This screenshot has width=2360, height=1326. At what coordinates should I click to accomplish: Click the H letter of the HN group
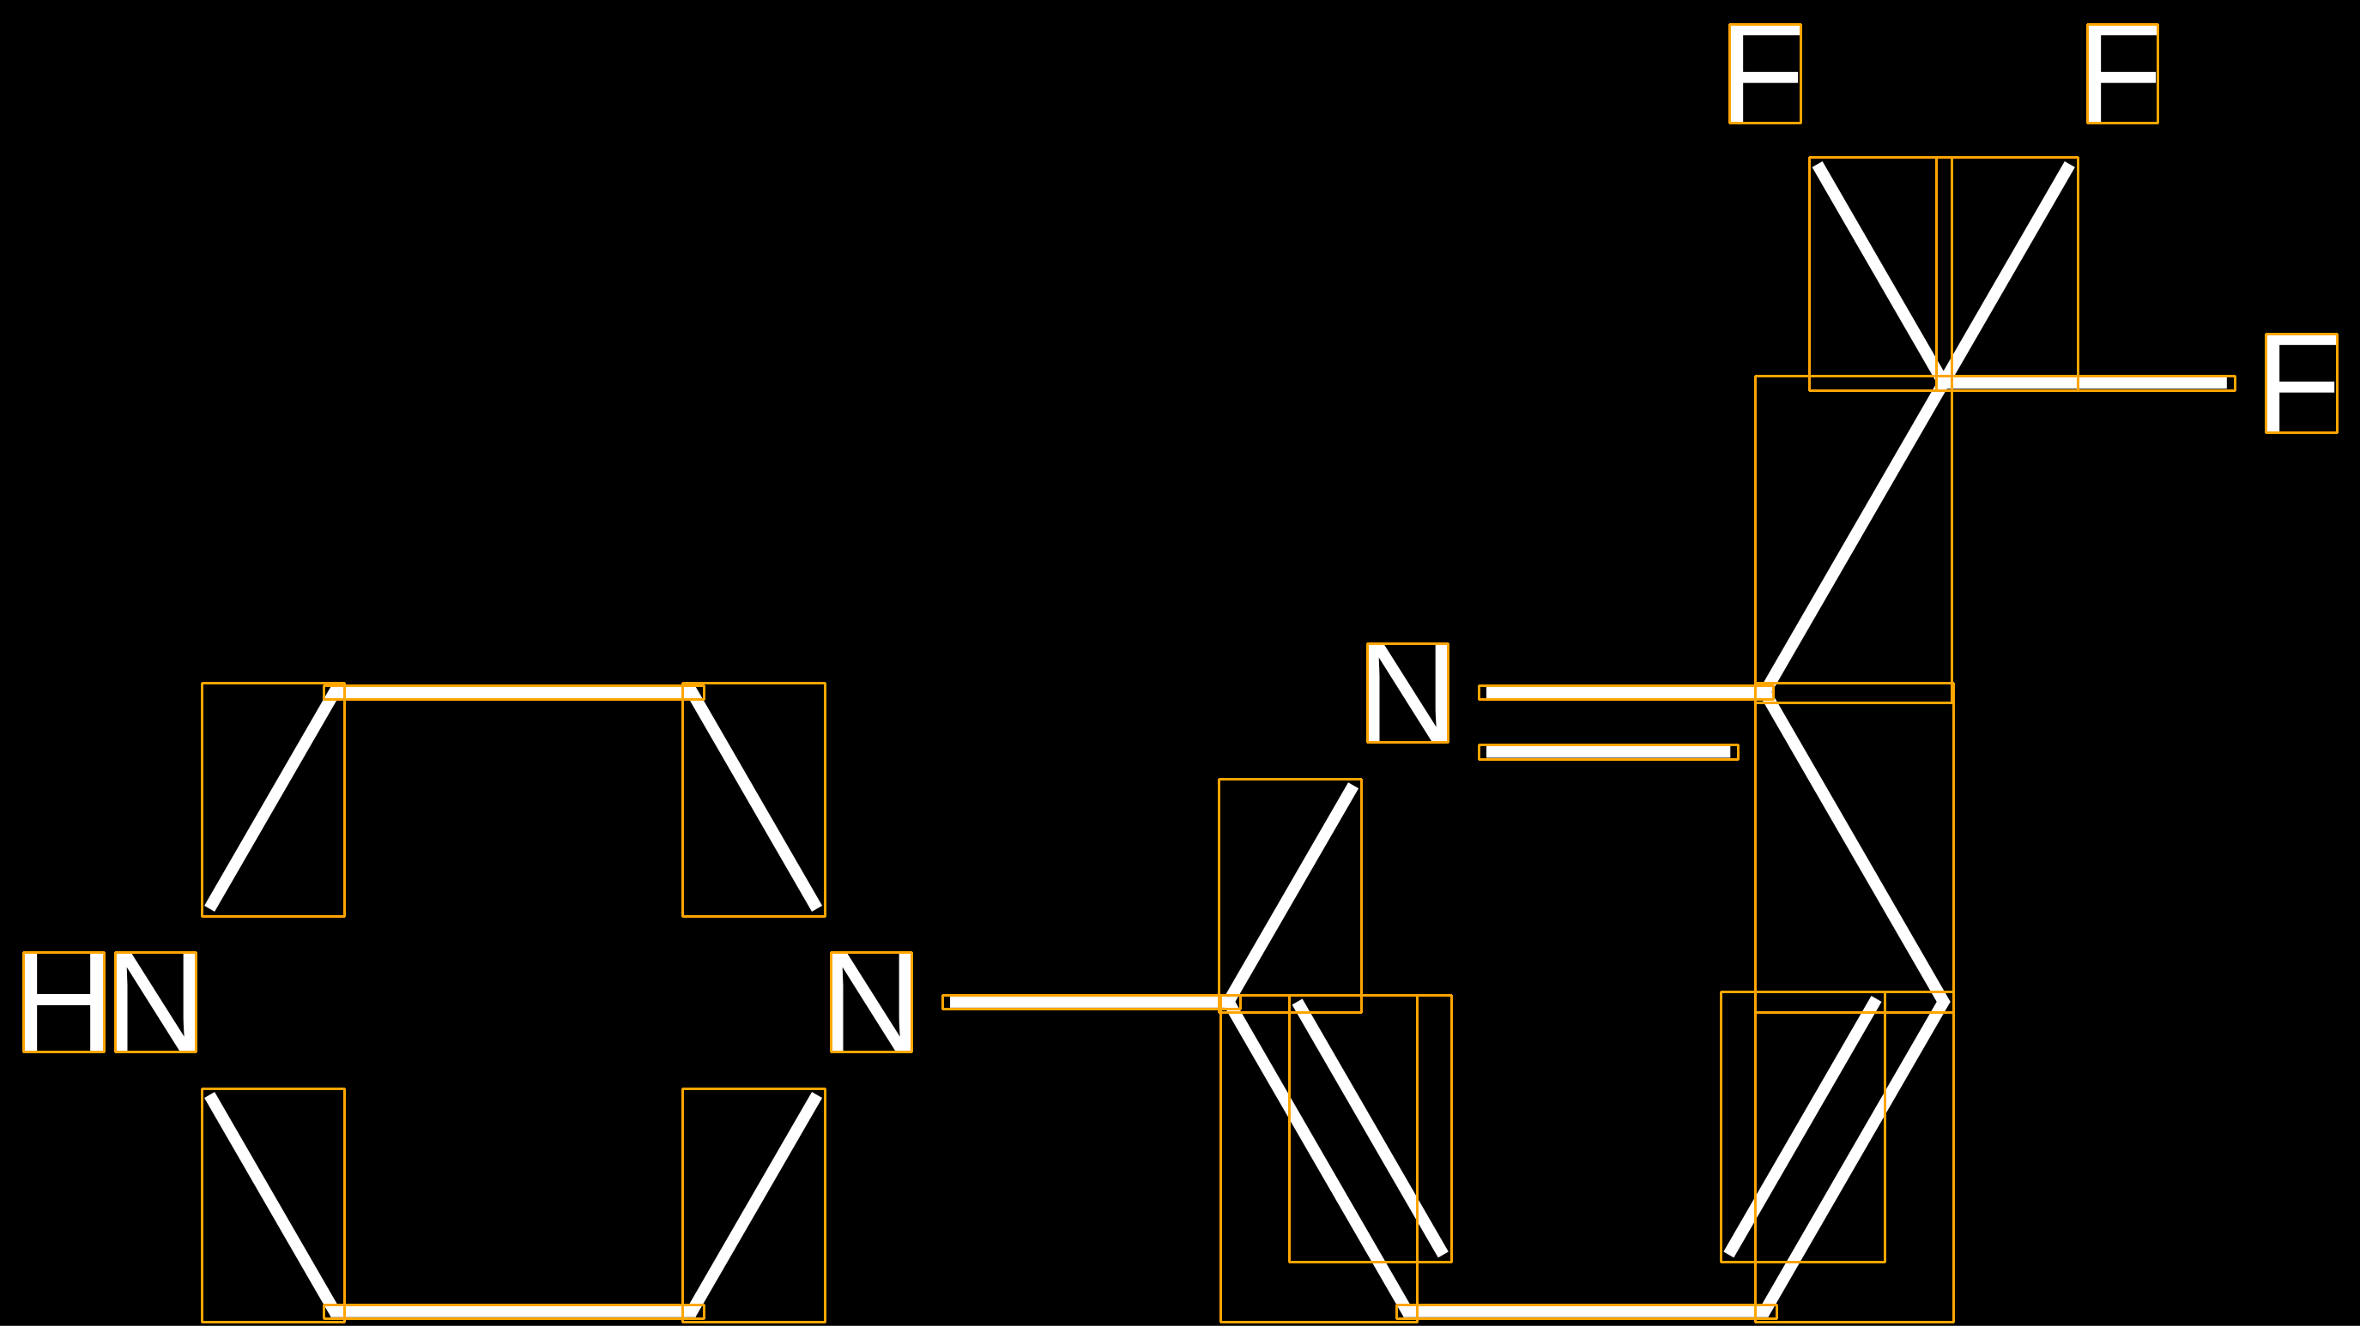tap(64, 1002)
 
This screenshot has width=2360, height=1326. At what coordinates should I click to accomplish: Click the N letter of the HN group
tap(155, 1002)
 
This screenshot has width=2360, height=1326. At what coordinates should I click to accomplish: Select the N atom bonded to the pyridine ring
tap(871, 1002)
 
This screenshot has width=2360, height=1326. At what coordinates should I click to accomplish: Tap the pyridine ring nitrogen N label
tap(1407, 692)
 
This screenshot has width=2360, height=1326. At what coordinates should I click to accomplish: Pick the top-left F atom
tap(1764, 73)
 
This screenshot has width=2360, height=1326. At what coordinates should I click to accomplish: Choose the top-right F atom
tap(2121, 73)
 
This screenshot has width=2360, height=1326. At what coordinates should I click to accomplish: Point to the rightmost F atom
tap(2301, 383)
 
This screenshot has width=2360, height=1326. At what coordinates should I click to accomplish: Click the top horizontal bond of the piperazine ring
tap(513, 692)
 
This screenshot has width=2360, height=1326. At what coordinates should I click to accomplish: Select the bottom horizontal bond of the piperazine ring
tap(513, 1311)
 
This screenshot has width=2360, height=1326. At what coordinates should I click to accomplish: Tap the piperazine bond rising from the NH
tap(273, 799)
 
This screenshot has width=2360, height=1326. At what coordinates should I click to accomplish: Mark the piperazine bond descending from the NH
tap(273, 1204)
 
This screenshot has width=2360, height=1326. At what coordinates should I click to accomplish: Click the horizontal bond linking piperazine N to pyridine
tap(1090, 1002)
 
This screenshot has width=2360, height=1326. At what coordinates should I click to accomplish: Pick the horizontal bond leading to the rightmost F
tap(2085, 383)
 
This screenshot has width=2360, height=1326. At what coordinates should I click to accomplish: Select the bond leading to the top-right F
tap(2006, 273)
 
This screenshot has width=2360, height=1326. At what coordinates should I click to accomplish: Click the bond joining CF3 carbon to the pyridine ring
tap(1854, 538)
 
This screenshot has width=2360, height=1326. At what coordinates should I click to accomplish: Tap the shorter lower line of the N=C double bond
tap(1608, 752)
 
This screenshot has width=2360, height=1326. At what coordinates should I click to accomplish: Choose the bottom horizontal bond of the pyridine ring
tap(1586, 1311)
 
